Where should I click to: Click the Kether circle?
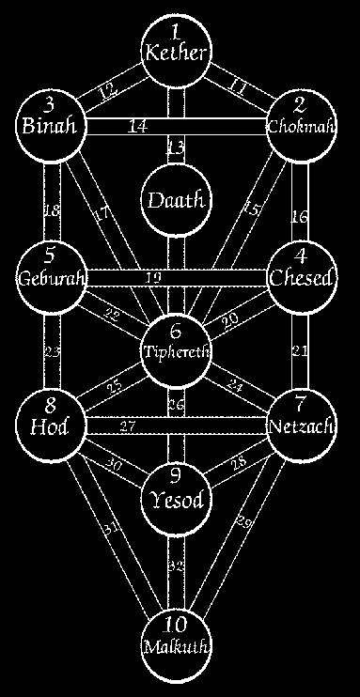coord(175,45)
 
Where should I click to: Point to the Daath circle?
coord(175,200)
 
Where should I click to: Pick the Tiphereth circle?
coord(175,343)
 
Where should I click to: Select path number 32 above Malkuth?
coord(176,565)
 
